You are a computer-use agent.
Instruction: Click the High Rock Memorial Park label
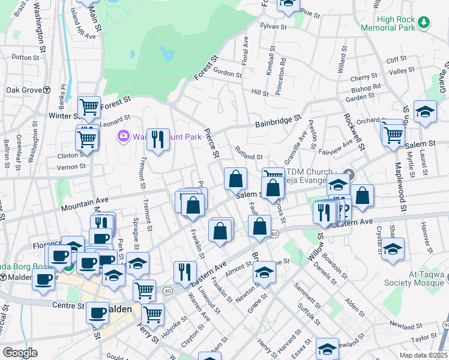pyautogui.click(x=388, y=23)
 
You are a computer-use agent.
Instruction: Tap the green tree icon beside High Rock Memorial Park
pyautogui.click(x=424, y=22)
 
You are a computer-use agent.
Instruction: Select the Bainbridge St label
pyautogui.click(x=277, y=122)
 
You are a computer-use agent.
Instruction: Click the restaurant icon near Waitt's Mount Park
pyautogui.click(x=158, y=140)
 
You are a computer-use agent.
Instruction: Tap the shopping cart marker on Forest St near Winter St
pyautogui.click(x=89, y=107)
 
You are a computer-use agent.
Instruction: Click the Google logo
pyautogui.click(x=20, y=352)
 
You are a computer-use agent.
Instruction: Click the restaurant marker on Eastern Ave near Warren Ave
pyautogui.click(x=185, y=271)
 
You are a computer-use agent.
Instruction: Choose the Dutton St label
pyautogui.click(x=25, y=58)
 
